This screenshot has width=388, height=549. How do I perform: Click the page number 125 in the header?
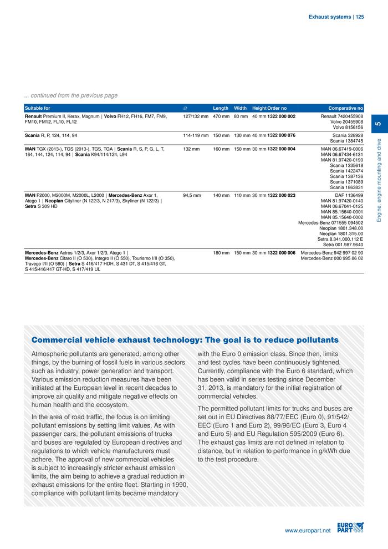coord(360,17)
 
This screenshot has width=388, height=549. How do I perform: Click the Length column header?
coord(221,108)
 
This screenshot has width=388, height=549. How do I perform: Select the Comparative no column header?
coord(345,108)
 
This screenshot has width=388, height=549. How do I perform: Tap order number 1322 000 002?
coord(281,117)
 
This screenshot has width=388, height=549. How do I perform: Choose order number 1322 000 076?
coord(281,135)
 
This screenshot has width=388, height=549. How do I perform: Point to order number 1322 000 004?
coord(281,149)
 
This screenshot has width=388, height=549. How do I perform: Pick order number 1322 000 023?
coord(281,195)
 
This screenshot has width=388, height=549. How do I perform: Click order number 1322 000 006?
coord(281,253)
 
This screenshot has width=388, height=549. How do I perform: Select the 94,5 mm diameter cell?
coord(192,195)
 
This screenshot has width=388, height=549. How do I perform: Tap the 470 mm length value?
coord(221,117)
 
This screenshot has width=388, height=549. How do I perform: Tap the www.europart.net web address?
coord(307,531)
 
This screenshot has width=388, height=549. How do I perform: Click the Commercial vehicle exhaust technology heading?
coord(185,339)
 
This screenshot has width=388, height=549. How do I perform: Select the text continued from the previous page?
coord(70,95)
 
